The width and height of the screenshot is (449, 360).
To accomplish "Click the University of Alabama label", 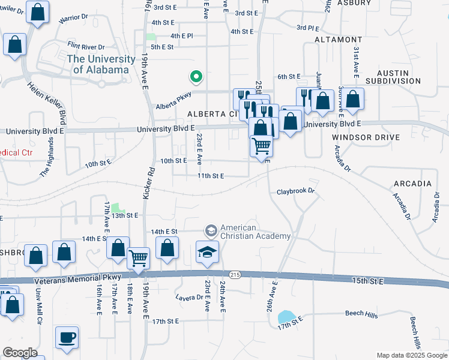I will (101, 64).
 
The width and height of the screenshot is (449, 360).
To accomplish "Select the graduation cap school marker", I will (207, 253).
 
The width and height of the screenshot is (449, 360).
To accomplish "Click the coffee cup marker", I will (67, 337).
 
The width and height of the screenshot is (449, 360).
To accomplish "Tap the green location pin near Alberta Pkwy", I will (195, 77).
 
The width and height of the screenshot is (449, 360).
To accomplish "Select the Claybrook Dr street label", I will (295, 192).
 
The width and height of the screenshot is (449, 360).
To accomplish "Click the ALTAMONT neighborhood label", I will (339, 39).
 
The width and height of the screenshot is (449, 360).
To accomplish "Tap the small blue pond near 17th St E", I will (286, 317).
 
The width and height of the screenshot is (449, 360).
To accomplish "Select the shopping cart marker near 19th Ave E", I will (139, 258).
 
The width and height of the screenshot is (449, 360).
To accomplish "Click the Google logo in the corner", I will (20, 353).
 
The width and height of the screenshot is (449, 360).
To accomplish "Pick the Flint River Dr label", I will (86, 46).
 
